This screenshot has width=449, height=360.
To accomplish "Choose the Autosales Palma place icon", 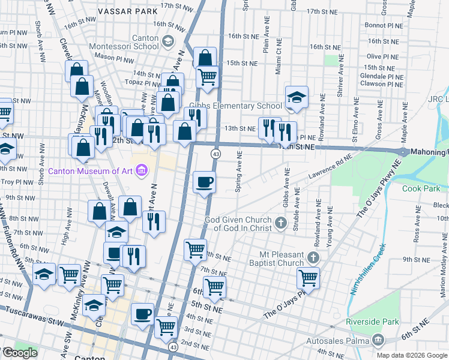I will click(x=378, y=340).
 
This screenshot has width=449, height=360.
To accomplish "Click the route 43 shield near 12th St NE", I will click(x=214, y=154).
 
